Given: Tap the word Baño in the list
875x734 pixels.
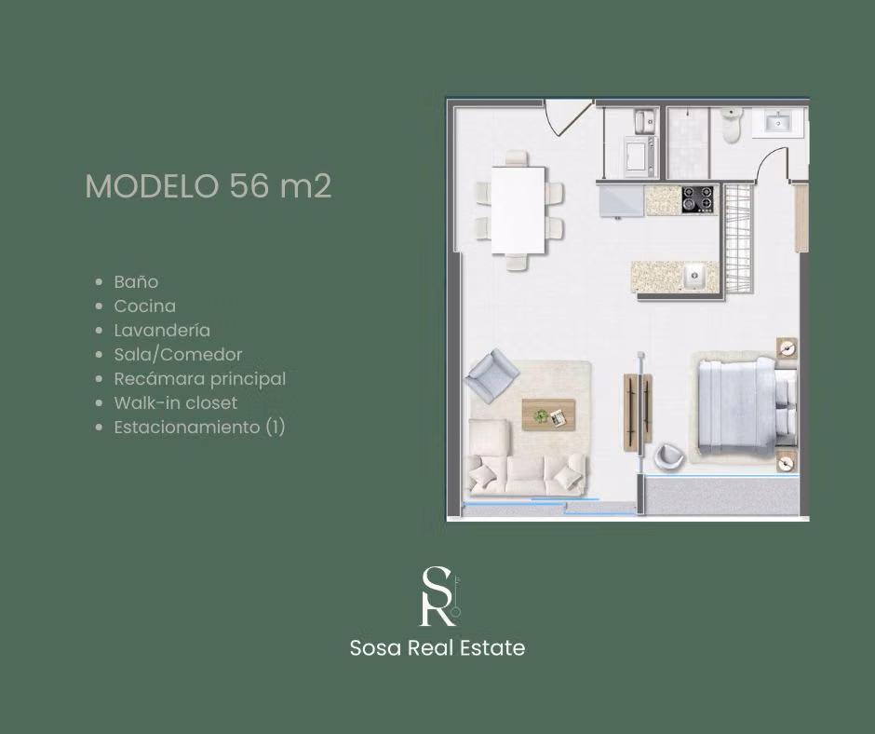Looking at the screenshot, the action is (x=136, y=281).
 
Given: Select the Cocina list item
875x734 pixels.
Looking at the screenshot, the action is (x=144, y=306).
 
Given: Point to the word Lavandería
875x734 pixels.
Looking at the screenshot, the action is (x=162, y=330).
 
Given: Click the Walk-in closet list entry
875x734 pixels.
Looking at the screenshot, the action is (x=176, y=402).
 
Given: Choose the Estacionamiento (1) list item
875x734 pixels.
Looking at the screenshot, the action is (x=200, y=428).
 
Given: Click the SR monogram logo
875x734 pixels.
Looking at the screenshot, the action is (x=440, y=596).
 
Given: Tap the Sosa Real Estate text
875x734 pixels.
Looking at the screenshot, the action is (x=437, y=648).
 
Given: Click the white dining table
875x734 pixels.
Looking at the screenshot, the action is (x=518, y=210).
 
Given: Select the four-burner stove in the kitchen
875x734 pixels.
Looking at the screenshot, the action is (x=697, y=200).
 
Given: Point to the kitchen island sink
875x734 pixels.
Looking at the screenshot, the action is (x=694, y=276).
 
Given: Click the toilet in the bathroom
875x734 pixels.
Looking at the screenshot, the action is (x=732, y=125).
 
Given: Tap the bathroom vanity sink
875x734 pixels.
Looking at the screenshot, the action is (x=776, y=122).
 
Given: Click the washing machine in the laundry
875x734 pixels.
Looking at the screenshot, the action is (x=640, y=156).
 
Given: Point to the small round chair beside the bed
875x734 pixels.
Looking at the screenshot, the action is (x=669, y=456).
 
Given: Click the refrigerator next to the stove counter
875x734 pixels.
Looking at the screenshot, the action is (x=622, y=201).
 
